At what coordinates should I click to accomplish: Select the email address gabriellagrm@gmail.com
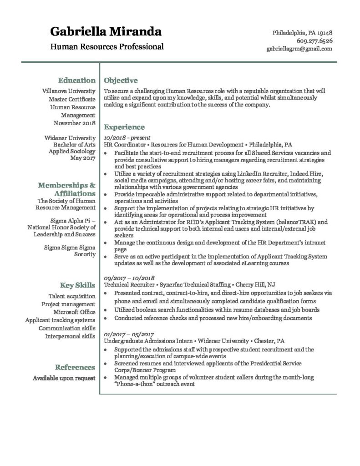coord(299,49)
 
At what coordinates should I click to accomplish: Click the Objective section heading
coord(121,81)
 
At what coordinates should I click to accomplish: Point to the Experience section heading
coord(124,127)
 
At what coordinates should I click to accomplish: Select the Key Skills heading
coord(78,285)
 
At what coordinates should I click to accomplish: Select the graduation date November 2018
coord(74,123)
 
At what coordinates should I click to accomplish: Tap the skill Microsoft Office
coord(74,312)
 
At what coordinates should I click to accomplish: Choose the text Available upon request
coord(64,378)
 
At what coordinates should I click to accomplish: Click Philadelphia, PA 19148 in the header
coord(302,33)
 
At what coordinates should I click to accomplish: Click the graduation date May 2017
coord(83,158)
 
